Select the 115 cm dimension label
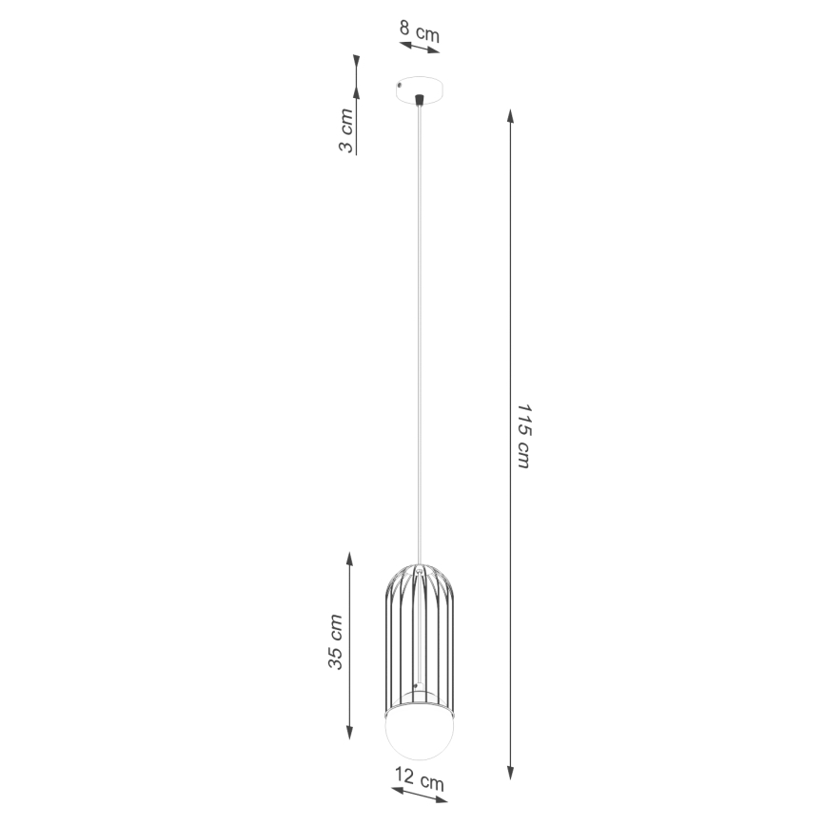[522, 433]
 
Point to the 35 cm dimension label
[337, 642]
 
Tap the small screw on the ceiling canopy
[401, 84]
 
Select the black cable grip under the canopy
[418, 98]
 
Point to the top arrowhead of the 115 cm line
[511, 115]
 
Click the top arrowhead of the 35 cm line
[350, 559]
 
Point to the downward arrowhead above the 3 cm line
[355, 90]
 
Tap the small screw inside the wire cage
[416, 684]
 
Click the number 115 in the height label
[522, 419]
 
